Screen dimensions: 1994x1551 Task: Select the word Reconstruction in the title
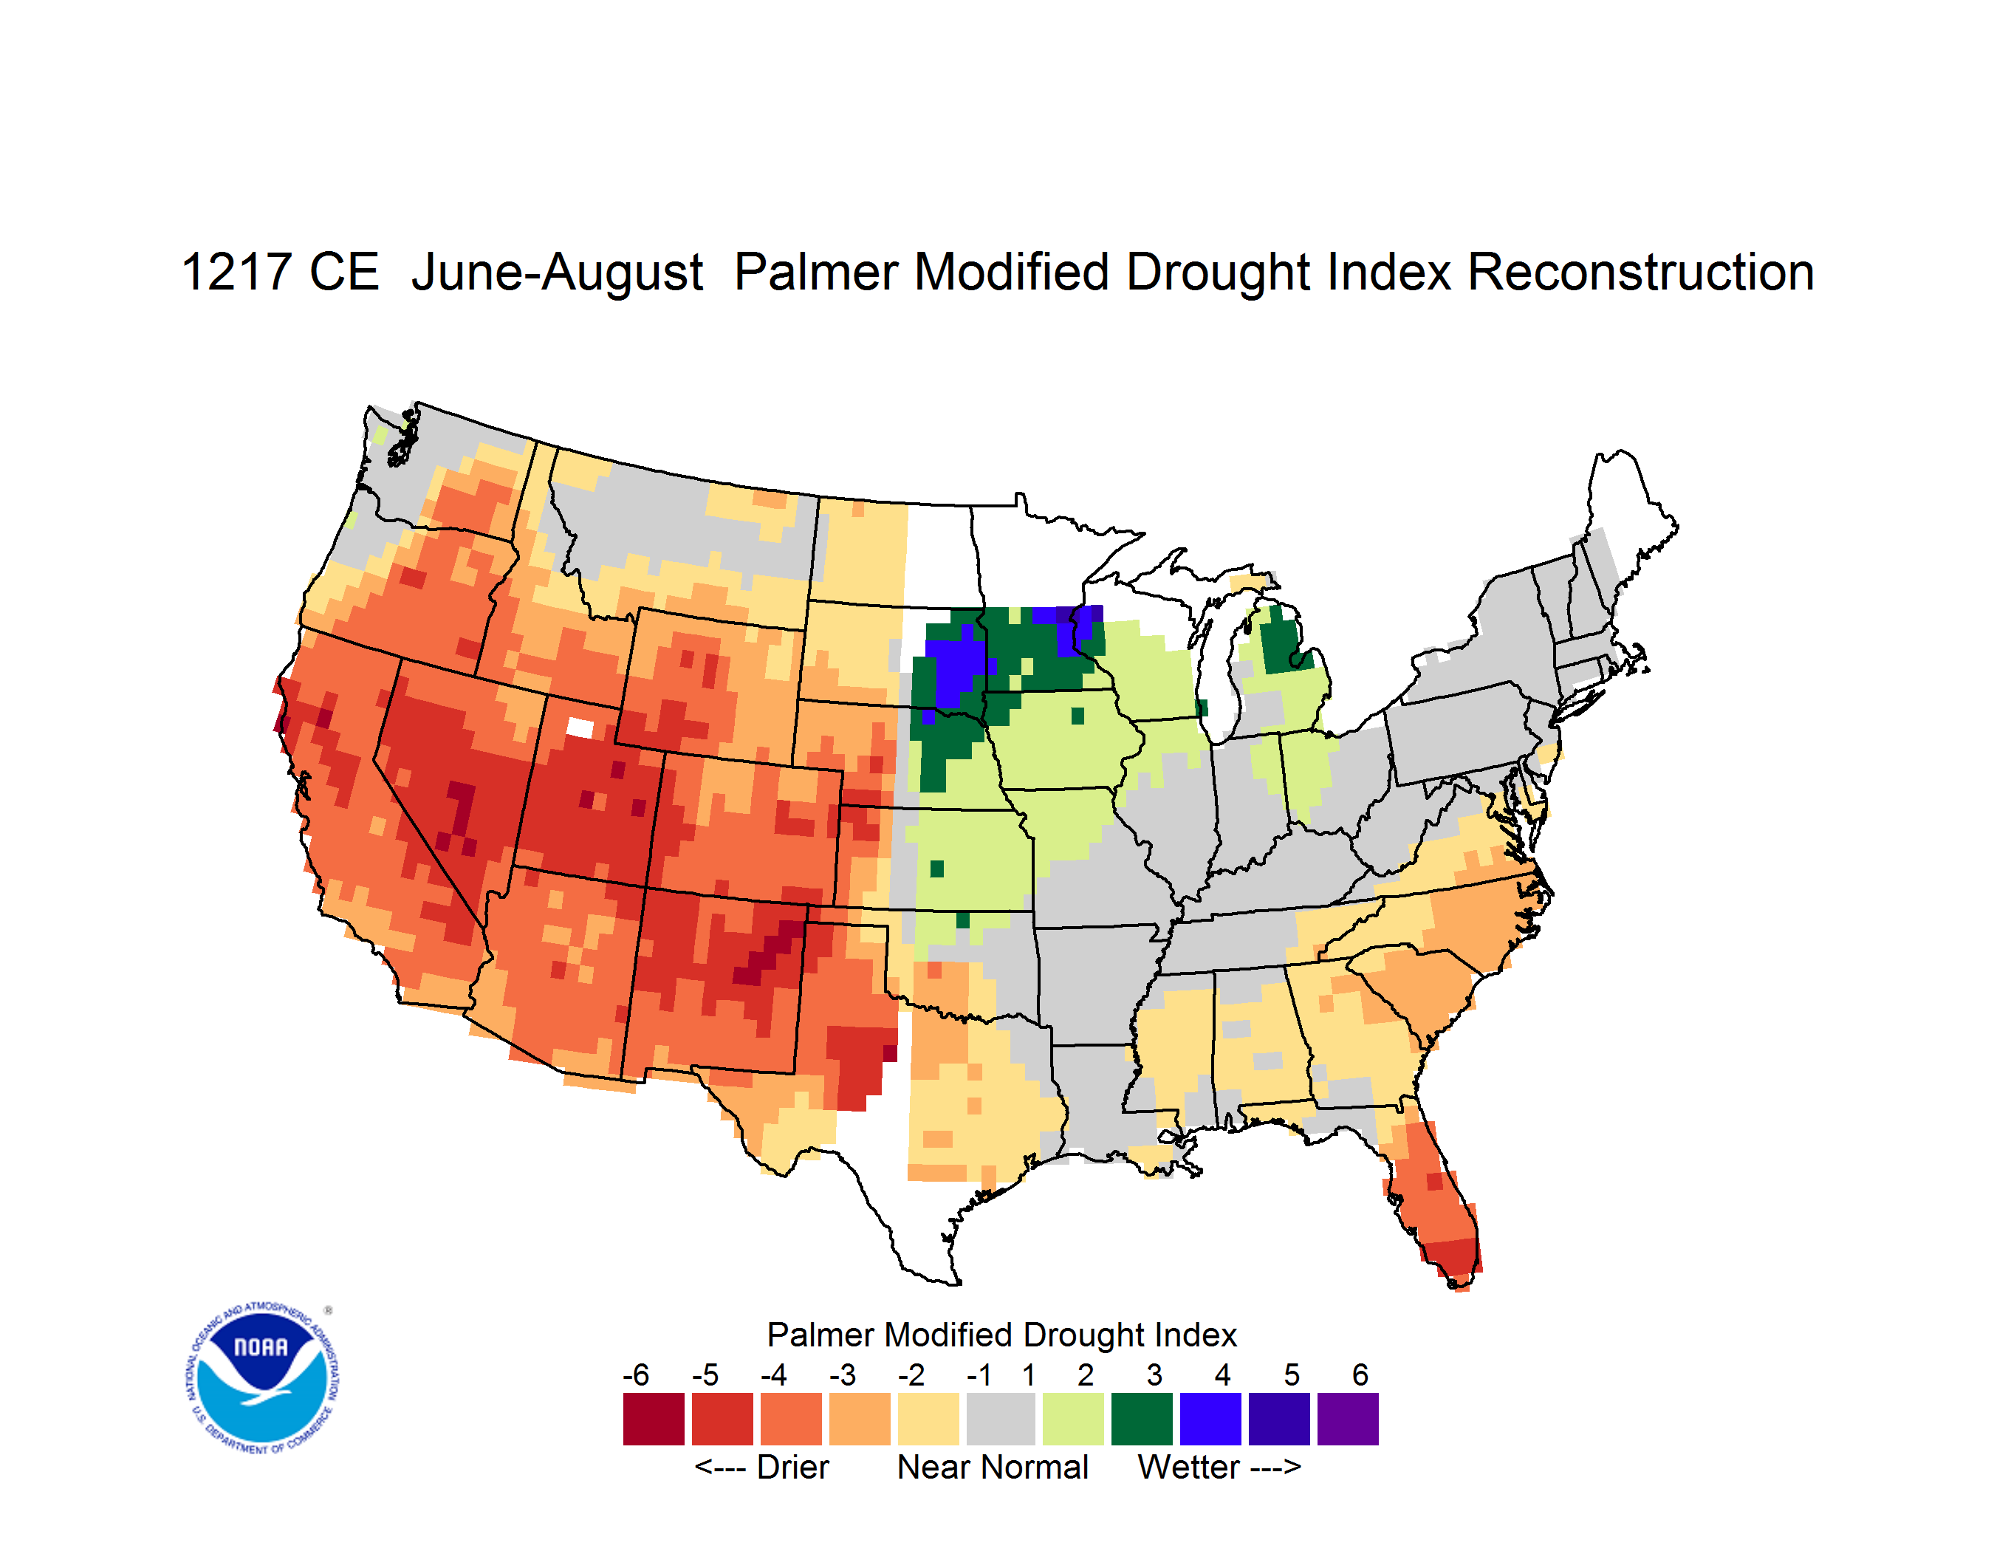click(1641, 272)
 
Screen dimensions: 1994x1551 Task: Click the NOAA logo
click(262, 1378)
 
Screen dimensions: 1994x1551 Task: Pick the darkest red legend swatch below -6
click(654, 1419)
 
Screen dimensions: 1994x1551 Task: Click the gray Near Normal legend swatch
click(1001, 1419)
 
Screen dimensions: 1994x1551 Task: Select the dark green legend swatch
click(1141, 1419)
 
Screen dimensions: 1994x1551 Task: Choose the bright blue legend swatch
click(1210, 1419)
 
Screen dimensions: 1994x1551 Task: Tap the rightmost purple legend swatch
click(1348, 1419)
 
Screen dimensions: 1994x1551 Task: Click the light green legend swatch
click(1073, 1419)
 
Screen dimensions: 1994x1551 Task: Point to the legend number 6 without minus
click(1360, 1374)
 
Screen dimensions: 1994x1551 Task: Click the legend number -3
click(843, 1374)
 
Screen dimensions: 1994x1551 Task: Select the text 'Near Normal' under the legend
click(993, 1467)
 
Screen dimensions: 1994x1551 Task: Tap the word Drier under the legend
click(792, 1467)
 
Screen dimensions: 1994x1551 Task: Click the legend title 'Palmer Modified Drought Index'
click(1001, 1335)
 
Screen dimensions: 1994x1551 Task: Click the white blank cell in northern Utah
click(580, 727)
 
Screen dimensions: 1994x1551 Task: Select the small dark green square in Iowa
click(1077, 716)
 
